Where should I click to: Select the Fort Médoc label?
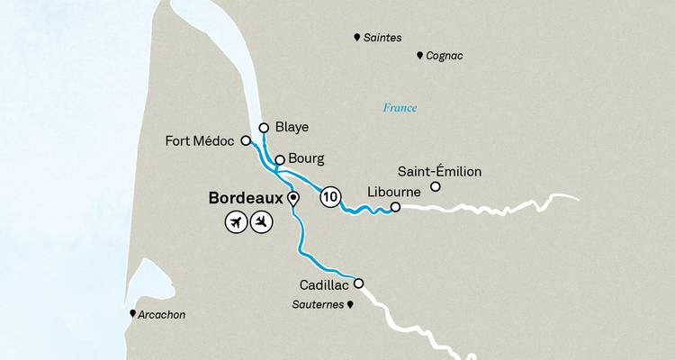200,141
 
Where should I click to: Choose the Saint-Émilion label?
439,171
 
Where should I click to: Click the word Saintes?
383,38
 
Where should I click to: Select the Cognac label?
446,56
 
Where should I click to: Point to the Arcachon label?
163,315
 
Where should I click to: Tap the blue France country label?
400,108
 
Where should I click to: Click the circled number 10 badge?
331,196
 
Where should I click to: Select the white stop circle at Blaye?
264,128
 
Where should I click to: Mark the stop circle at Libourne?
395,208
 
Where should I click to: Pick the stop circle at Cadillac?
358,283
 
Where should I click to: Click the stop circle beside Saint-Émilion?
436,187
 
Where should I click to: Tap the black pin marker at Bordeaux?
292,197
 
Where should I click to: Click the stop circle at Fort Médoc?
246,141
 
